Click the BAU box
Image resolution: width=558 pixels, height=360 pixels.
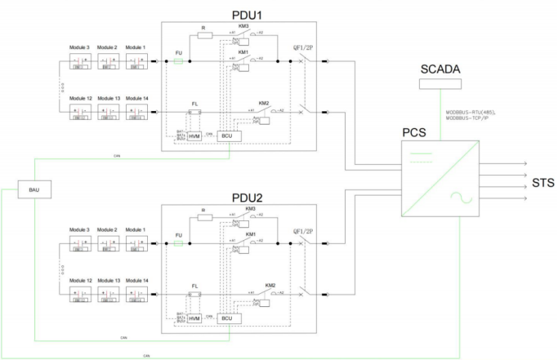[x=34, y=189]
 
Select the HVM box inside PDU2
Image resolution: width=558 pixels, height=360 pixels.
[x=194, y=317]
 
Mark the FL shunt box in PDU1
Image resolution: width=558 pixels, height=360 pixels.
[x=194, y=113]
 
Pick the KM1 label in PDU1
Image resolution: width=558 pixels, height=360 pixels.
[x=243, y=51]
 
